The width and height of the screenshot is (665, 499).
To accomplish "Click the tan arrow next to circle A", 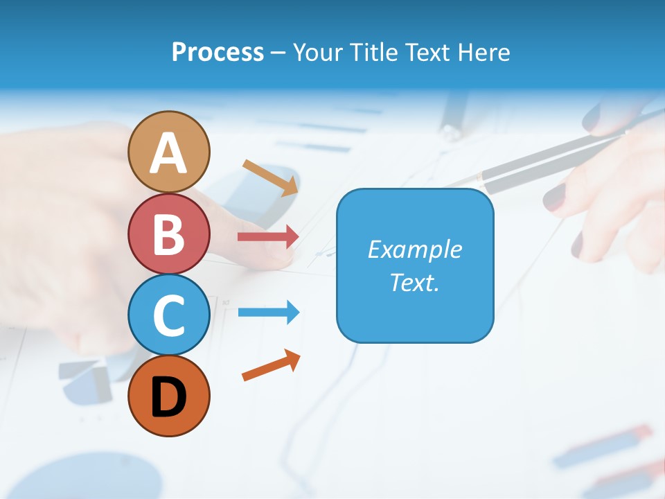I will pos(270,177).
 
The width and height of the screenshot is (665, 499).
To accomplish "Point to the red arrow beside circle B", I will pos(268,237).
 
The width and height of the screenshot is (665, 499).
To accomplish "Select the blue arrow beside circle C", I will pos(268,312).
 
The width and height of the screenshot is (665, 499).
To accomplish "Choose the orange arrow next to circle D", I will pos(271,365).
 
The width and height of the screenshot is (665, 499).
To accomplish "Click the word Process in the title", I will pos(218,52).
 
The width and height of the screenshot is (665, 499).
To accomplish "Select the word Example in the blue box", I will pos(414,249).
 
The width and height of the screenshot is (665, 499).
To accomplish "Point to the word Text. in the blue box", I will pos(414,282).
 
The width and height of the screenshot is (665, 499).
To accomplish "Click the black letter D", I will pos(168,397).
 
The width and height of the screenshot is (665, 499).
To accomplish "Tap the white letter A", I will pos(168,154).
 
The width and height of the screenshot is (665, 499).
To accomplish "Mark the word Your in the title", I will pos(319,52).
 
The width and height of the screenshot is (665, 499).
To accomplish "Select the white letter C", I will pos(168,315).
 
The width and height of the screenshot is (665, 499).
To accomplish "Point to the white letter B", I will pos(168,234).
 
